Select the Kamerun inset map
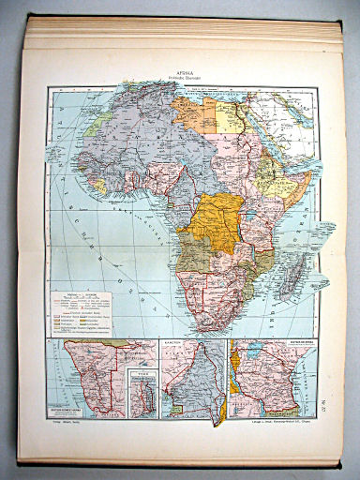pos(193,380)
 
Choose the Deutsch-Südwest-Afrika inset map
pos(94,375)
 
